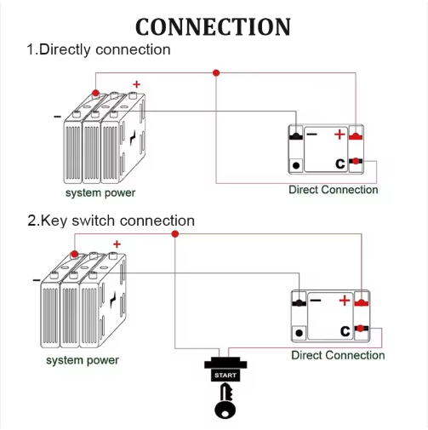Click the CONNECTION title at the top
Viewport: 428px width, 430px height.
pos(213,26)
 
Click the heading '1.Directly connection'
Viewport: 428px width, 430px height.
pos(99,49)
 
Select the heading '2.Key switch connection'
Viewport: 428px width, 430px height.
pos(111,221)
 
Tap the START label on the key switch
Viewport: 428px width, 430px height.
pos(225,376)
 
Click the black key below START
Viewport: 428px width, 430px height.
pos(225,401)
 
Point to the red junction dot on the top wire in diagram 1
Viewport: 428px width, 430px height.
pos(216,73)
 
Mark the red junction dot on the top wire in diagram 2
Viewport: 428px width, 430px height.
pos(175,234)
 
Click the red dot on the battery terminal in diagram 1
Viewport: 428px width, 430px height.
pos(95,93)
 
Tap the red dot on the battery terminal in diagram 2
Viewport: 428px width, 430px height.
pos(74,254)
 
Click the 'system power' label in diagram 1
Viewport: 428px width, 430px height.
pos(100,192)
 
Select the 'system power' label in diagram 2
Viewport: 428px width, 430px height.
pos(83,360)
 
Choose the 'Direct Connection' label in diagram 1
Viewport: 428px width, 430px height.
pos(334,190)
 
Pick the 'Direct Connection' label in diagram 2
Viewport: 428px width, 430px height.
pos(338,355)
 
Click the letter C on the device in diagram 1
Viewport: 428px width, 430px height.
pos(340,163)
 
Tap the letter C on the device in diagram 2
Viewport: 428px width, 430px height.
pos(345,330)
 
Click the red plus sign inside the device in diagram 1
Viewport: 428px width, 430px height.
pos(340,135)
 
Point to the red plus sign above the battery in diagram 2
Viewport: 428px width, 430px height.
pos(117,244)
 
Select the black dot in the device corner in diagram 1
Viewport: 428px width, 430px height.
pos(296,165)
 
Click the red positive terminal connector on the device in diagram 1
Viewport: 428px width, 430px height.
pos(356,136)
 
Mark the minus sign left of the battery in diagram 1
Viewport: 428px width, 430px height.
pos(57,117)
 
